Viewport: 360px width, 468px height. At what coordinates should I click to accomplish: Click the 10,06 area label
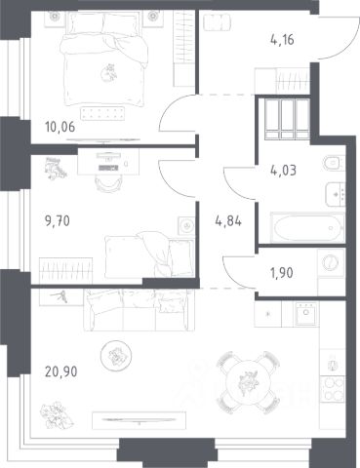pos(60,127)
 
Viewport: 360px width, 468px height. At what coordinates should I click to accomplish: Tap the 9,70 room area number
pos(58,221)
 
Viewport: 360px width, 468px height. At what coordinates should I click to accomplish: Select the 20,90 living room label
pos(61,371)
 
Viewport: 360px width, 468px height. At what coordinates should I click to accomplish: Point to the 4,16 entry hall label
pos(282,40)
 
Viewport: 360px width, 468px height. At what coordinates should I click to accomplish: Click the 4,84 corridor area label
pos(228,221)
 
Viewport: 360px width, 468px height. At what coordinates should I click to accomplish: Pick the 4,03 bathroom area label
pos(283,170)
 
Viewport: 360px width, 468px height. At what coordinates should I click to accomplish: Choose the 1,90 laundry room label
pos(282,273)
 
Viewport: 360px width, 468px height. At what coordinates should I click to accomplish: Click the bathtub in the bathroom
pos(307,226)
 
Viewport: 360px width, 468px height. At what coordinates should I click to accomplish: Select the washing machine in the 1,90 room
pos(331,262)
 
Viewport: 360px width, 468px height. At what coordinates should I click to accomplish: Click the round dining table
pos(248,381)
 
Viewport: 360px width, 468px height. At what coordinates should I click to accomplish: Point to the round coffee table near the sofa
pos(116,356)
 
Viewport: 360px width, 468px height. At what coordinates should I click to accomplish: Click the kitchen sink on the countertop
pos(305,314)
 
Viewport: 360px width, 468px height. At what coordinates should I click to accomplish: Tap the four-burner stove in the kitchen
pos(332,389)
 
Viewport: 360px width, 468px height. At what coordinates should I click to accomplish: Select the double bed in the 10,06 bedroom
pos(104,58)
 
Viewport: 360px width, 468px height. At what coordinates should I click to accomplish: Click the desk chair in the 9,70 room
pos(107,184)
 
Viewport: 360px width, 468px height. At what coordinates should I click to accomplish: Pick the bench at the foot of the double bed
pos(102,113)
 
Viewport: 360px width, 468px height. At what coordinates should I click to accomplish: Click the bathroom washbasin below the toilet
pos(335,194)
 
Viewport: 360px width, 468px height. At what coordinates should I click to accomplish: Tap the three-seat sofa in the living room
pos(140,310)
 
